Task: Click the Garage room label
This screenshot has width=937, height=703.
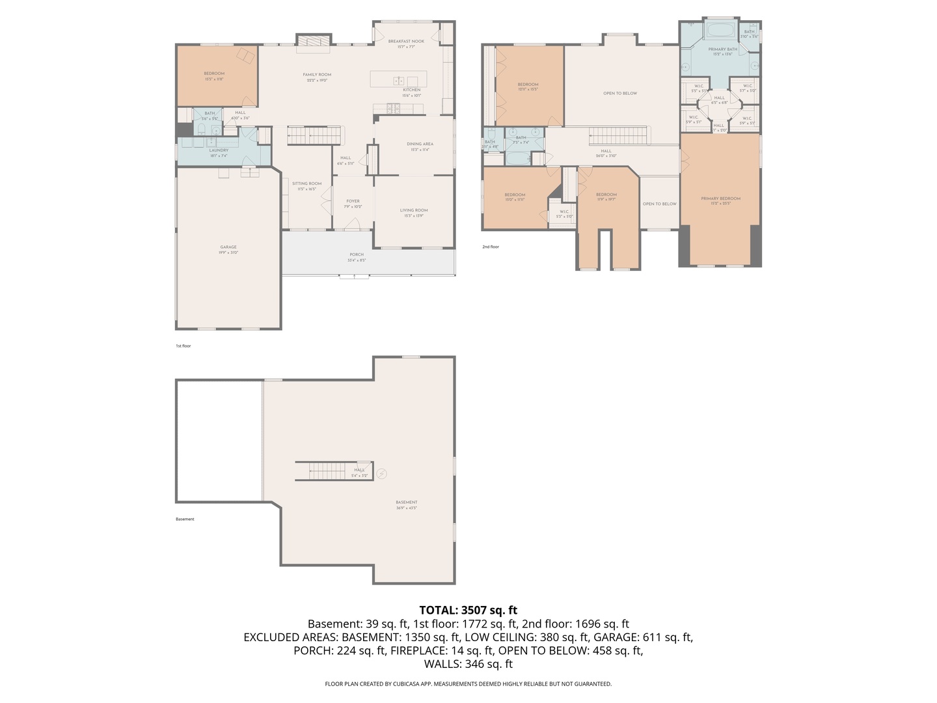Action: [x=228, y=247]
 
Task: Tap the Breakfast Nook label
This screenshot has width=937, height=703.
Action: [x=406, y=42]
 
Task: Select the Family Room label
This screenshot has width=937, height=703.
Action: [x=317, y=75]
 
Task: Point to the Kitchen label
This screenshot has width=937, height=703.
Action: [x=411, y=90]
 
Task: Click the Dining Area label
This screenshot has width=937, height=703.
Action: [x=420, y=145]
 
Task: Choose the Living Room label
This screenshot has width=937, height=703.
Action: [x=414, y=210]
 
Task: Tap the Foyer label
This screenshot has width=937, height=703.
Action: [x=353, y=202]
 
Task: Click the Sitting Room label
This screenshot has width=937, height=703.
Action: [x=306, y=184]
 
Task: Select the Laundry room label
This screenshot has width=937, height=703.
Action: [x=219, y=150]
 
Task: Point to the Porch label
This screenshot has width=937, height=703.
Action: [x=357, y=255]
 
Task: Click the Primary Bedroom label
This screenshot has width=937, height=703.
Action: [x=720, y=199]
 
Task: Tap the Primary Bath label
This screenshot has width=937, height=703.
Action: [x=722, y=49]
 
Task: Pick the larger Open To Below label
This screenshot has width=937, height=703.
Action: [x=620, y=93]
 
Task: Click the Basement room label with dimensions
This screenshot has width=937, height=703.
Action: [x=407, y=503]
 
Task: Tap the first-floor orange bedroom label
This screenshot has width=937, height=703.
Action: [x=214, y=74]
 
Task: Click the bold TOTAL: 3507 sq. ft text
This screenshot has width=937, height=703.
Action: [x=468, y=610]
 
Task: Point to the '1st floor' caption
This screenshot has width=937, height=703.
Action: [x=183, y=346]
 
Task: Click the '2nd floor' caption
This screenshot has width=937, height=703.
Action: [x=491, y=247]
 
